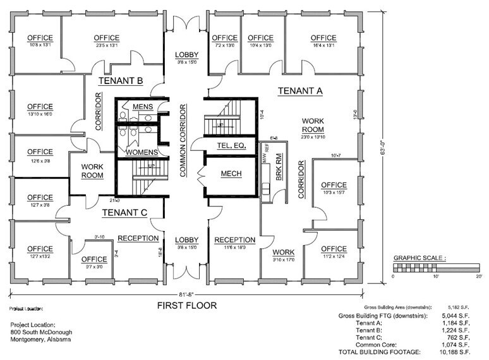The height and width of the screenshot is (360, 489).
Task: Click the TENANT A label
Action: (x=300, y=91)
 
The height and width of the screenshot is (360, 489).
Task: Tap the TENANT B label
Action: (x=120, y=81)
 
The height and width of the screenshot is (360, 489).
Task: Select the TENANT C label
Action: (x=124, y=212)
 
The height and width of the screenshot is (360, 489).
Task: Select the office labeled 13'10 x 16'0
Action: (x=40, y=111)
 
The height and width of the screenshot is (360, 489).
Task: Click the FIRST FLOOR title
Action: (x=186, y=306)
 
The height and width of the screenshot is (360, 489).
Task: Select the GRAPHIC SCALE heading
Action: (x=420, y=258)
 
